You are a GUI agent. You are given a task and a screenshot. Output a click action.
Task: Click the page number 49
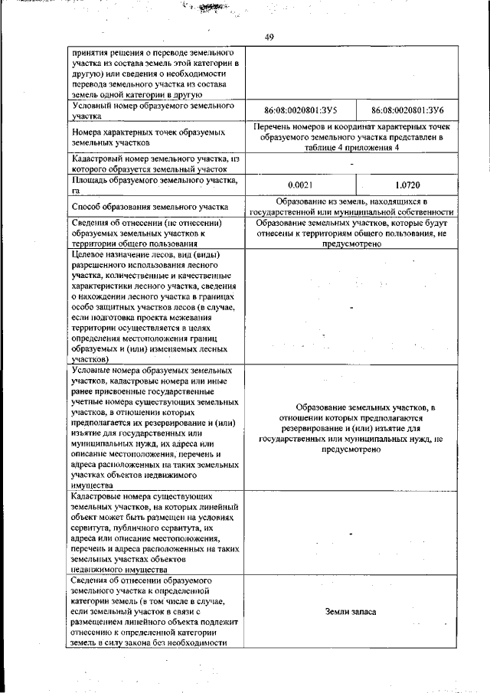pyautogui.click(x=269, y=37)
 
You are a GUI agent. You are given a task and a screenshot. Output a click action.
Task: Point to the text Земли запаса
pyautogui.click(x=351, y=613)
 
